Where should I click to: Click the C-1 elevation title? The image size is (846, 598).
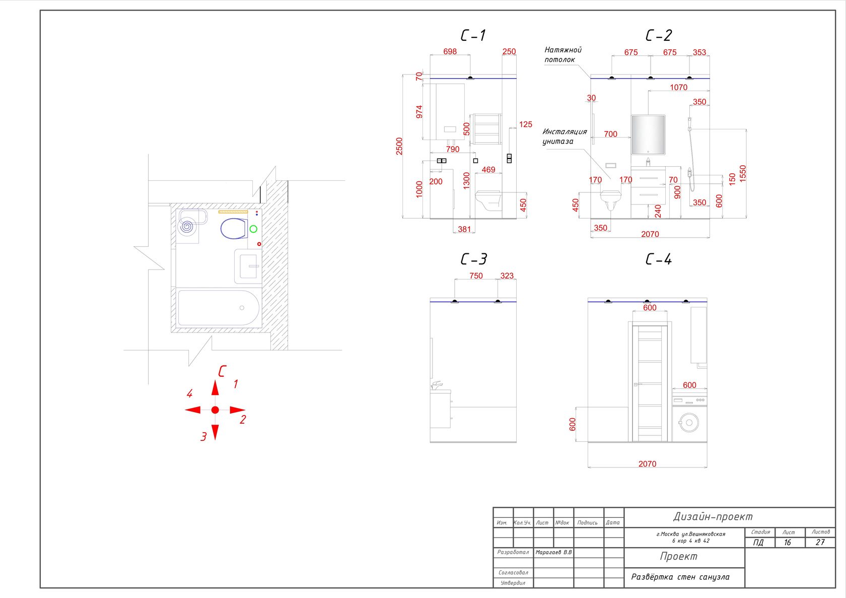[473, 35]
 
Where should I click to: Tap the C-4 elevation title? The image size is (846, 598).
[658, 259]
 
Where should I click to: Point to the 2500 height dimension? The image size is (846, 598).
[399, 146]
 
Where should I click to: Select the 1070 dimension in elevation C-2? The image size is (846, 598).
[678, 88]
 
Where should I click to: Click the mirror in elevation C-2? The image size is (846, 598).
[648, 135]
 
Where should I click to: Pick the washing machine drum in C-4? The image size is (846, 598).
[688, 422]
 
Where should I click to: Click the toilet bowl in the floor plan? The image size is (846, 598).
[234, 228]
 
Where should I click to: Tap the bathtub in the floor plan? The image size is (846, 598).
[219, 308]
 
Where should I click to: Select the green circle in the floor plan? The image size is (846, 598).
[253, 229]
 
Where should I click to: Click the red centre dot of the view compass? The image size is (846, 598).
[215, 410]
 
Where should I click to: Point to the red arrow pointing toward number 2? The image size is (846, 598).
[237, 410]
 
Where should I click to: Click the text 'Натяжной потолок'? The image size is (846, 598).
[562, 54]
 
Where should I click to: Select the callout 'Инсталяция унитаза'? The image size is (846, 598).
[564, 137]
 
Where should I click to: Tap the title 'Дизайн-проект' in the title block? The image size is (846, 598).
[713, 516]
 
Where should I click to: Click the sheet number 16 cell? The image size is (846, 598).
[788, 542]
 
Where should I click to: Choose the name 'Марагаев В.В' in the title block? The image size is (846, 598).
[553, 552]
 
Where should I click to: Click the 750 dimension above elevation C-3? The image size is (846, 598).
[476, 276]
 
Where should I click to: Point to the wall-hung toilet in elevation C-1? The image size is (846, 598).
[488, 200]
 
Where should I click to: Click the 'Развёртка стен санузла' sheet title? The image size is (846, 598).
[680, 577]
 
